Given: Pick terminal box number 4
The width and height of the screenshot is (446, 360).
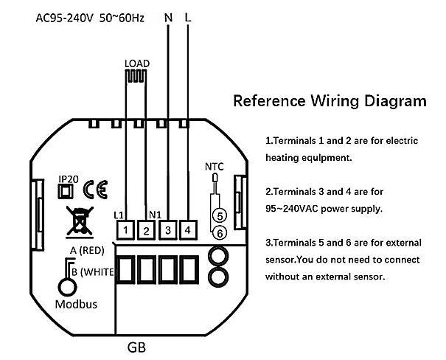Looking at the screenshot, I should click(x=187, y=230).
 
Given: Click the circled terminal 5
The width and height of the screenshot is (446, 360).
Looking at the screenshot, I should click(x=217, y=216).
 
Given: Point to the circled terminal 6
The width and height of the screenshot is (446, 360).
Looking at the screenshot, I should click(x=217, y=233).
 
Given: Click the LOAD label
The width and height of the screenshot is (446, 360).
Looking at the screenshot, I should click(x=137, y=63).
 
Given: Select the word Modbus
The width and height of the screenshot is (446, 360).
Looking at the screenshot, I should click(x=77, y=304).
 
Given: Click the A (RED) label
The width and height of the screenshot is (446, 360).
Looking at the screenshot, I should click(x=85, y=251).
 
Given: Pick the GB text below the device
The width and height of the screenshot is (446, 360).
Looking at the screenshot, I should click(x=136, y=346).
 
